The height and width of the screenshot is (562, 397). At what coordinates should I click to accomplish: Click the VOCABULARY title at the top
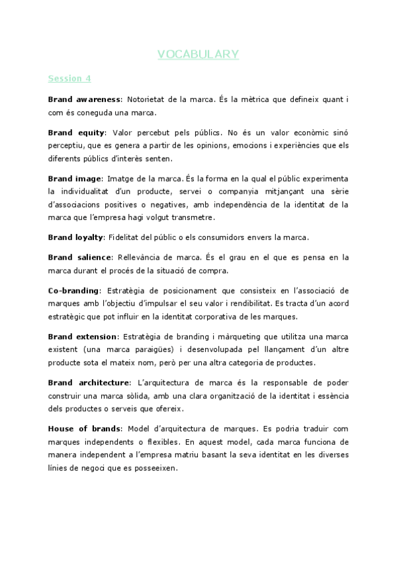[x=198, y=54]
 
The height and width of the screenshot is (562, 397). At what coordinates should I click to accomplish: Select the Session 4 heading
[x=69, y=78]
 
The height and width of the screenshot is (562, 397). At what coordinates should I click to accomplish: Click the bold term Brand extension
[x=83, y=337]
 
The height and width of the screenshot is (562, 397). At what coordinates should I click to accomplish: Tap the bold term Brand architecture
[x=89, y=382]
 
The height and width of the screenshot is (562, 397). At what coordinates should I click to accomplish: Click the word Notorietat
[x=148, y=99]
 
